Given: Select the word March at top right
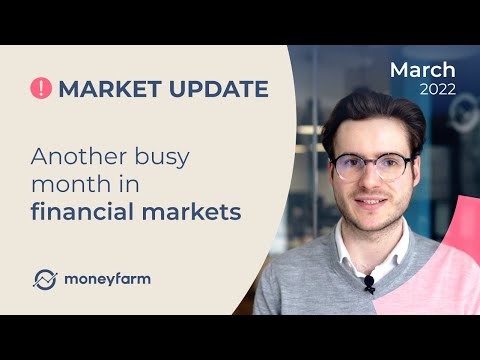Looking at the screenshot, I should point(423,70).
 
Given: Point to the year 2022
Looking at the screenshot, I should point(437,90).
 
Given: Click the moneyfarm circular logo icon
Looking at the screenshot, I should point(45,279).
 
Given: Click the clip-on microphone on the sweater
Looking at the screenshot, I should point(369,284).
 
